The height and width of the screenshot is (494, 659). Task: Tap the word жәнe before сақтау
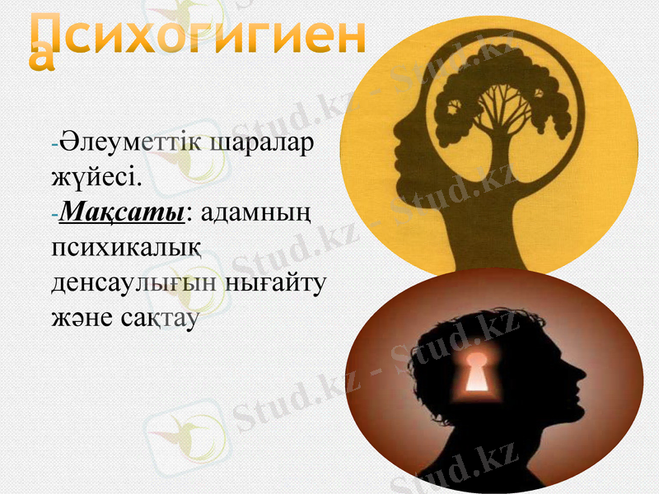(82, 317)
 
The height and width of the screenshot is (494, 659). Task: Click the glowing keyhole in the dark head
(476, 372)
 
